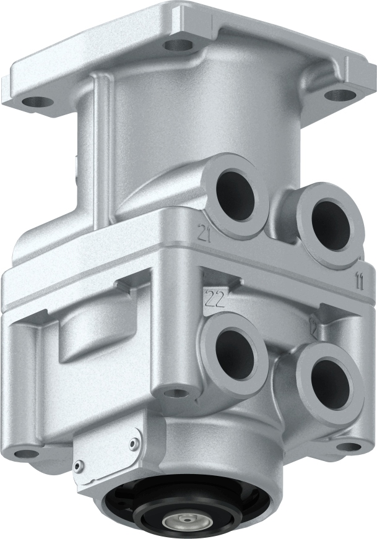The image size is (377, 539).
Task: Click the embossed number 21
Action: tap(203, 233)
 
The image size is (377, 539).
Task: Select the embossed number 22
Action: tap(214, 300)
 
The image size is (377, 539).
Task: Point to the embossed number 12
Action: tap(314, 329)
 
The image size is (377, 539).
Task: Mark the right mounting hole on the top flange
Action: tap(337, 95)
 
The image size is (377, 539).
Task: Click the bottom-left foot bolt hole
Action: tap(26, 454)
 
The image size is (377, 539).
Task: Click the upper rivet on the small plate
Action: tap(133, 442)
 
